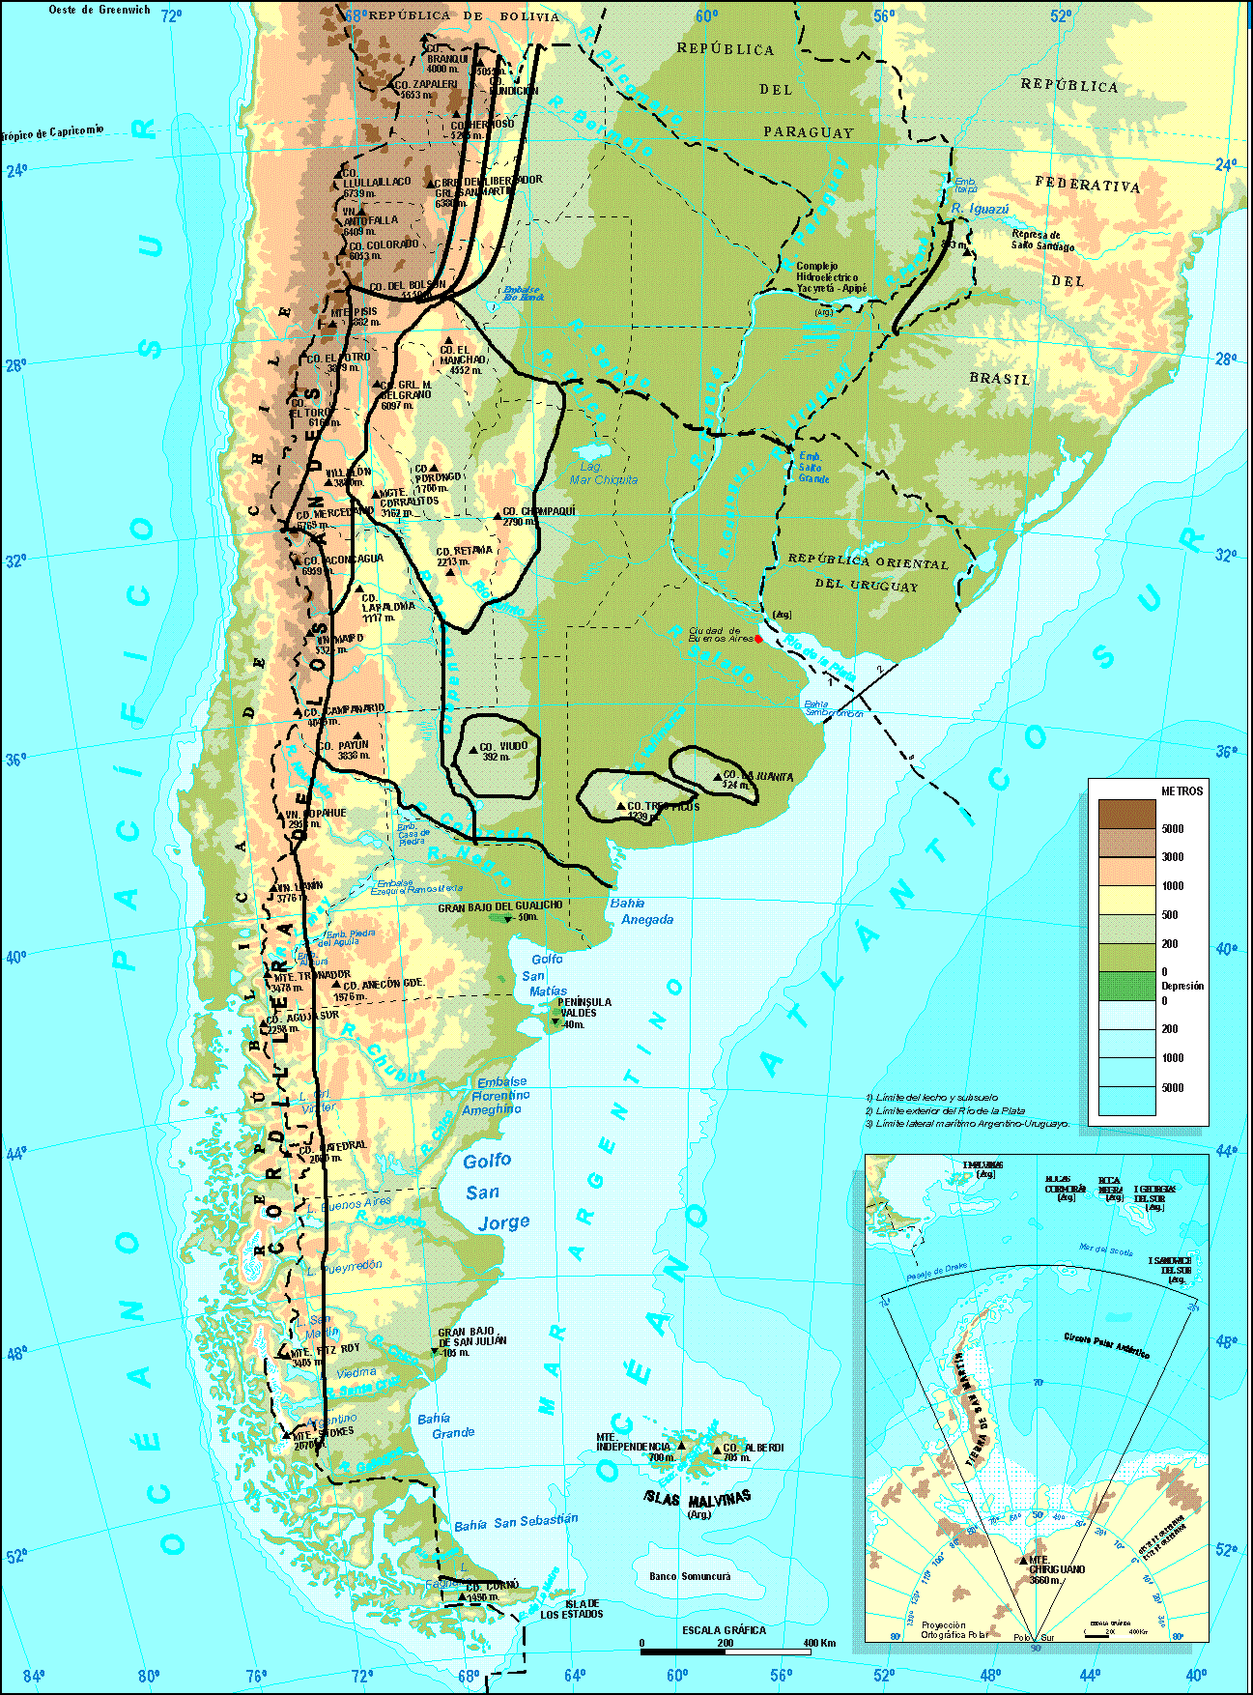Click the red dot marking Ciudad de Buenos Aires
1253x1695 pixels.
tap(758, 639)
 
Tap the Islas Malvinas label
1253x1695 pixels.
tap(697, 1497)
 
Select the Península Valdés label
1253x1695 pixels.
tap(584, 1008)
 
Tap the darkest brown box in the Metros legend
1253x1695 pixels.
tap(1126, 814)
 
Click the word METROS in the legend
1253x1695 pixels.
tap(1182, 790)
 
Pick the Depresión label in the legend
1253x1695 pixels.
tap(1182, 986)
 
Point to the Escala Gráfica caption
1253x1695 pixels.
tap(724, 1630)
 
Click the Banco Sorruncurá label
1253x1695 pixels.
tap(690, 1576)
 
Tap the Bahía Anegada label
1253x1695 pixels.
tap(641, 911)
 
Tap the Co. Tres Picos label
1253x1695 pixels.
tap(663, 806)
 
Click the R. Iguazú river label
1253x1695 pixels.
tap(980, 208)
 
